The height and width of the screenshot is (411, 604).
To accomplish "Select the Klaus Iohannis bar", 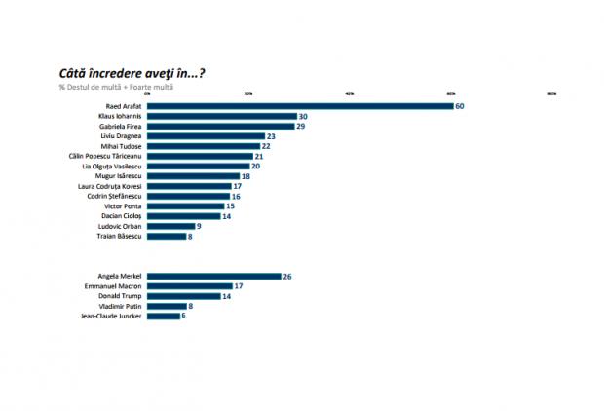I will click(x=221, y=116).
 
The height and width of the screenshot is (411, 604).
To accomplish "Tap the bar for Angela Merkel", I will click(x=213, y=277).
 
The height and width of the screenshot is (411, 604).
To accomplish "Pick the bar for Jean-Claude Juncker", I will click(x=163, y=316).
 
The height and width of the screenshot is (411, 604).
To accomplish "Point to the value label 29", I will click(x=301, y=127).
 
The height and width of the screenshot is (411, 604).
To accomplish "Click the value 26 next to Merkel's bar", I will click(x=287, y=277).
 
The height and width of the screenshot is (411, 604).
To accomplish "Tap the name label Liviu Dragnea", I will click(x=122, y=136).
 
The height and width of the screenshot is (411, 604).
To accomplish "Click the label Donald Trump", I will click(x=123, y=296).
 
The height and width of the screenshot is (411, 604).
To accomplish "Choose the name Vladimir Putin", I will click(x=123, y=306).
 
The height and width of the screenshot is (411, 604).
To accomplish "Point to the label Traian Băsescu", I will click(x=120, y=236).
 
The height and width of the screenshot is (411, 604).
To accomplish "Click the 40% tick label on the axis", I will click(x=350, y=93).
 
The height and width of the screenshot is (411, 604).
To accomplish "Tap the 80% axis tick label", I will click(x=552, y=93).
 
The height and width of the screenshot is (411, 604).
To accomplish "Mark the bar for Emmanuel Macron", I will click(x=190, y=286).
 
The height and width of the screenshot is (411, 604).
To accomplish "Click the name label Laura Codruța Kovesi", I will click(x=112, y=186).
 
